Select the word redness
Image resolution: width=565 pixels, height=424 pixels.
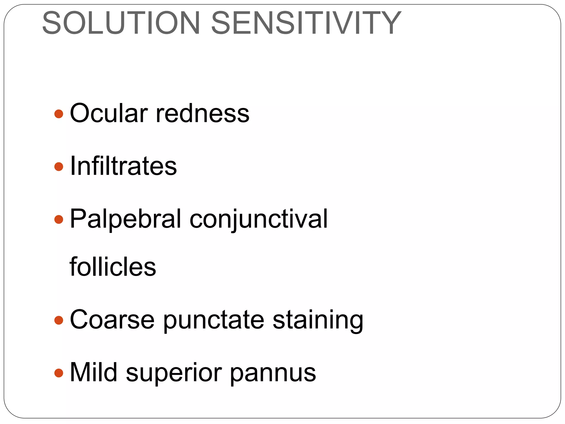[202, 113]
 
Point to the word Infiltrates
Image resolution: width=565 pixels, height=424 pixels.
[123, 166]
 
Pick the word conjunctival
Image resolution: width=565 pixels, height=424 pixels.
[258, 219]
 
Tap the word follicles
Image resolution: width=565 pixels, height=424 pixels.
[113, 267]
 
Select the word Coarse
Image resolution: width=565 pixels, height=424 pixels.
[112, 320]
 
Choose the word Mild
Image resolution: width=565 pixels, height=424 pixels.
[94, 372]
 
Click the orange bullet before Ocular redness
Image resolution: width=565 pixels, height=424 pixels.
[59, 114]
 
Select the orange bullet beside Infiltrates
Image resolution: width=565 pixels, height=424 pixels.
[59, 166]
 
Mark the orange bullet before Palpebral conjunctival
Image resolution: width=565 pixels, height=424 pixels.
[59, 219]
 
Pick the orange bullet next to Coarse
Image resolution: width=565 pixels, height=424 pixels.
[59, 320]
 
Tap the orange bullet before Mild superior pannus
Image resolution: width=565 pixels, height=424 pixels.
[59, 373]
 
